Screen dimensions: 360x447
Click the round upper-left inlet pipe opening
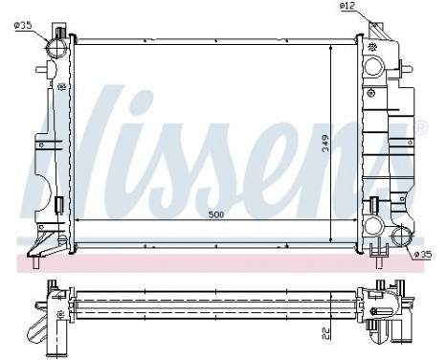(57, 43)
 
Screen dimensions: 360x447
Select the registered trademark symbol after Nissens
(422, 125)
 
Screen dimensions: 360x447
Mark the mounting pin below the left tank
(39, 256)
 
